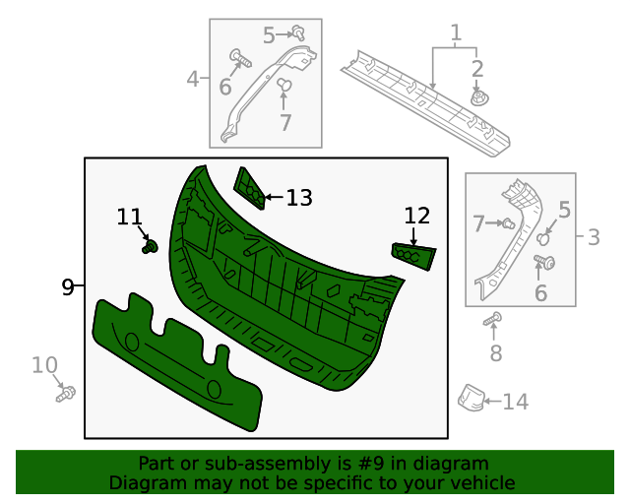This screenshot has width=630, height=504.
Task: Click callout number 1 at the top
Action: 456,34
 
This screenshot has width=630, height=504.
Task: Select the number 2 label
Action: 477,68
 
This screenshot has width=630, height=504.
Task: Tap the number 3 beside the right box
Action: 594,237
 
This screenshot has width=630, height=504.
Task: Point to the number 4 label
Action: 193,77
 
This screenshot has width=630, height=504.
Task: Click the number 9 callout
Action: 67,286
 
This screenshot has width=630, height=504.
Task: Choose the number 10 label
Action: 44,366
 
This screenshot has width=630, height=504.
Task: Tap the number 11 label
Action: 129,216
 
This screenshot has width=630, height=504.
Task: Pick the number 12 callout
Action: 416,215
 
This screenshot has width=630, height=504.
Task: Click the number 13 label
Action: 298,198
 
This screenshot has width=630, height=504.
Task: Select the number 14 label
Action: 515,402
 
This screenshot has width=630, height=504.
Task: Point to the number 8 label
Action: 495,352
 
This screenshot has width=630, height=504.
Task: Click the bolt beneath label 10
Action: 67,394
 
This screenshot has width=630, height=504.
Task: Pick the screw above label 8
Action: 494,318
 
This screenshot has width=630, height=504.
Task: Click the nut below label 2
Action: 479,98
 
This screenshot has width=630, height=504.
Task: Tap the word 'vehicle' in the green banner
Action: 476,482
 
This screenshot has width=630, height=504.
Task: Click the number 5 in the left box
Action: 269,36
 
